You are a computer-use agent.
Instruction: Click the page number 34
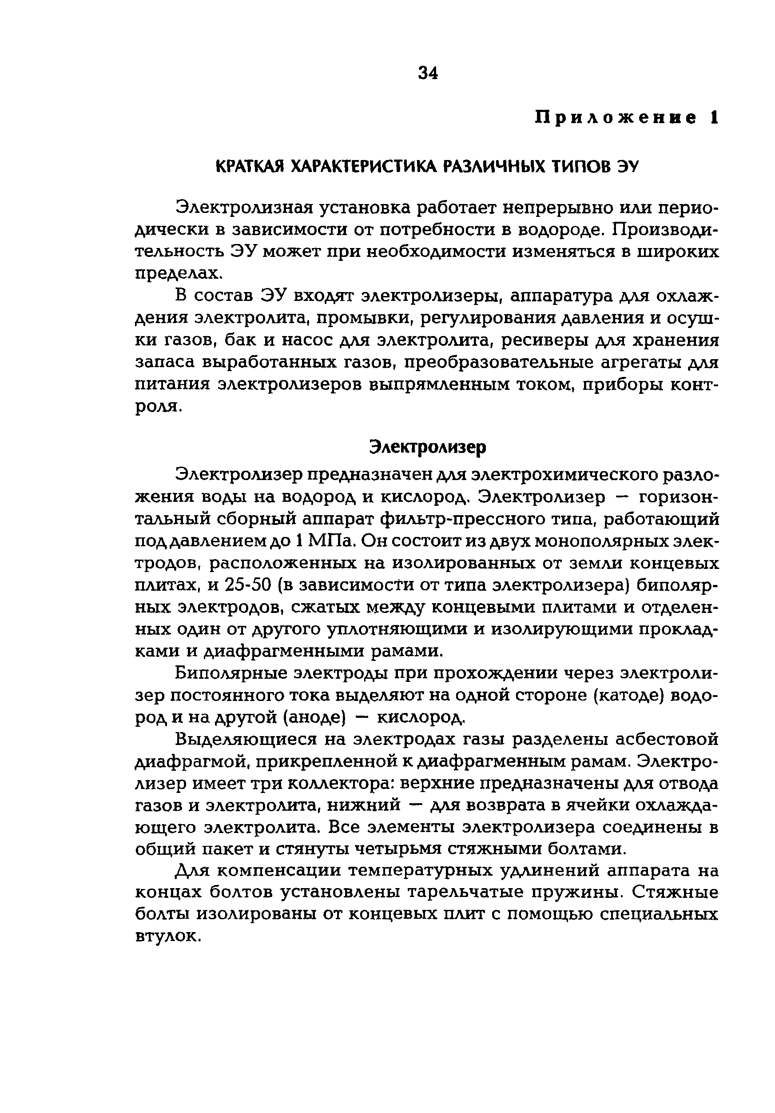click(x=427, y=73)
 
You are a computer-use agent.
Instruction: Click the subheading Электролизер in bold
click(x=427, y=446)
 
